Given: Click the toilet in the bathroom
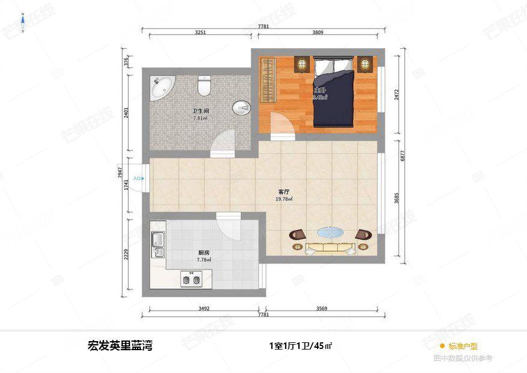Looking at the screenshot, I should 205,86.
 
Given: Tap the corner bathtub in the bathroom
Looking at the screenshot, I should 161,87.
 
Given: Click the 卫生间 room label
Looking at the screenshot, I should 200,111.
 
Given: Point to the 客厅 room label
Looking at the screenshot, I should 283,192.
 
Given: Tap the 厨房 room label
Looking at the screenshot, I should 203,253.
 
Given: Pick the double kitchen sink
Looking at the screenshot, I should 158,244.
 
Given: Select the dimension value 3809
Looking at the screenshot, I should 318,33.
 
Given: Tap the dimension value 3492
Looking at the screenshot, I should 203,309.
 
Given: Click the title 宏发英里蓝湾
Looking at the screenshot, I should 120,346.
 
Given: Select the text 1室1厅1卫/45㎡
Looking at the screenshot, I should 301,346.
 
